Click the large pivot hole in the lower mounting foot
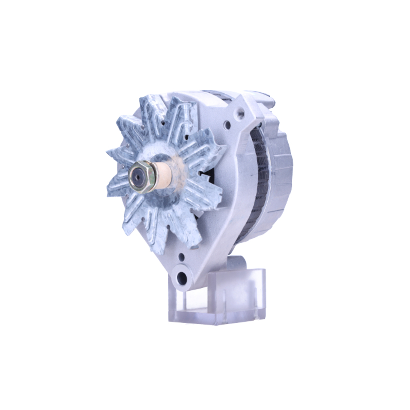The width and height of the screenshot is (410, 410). pyautogui.click(x=182, y=279)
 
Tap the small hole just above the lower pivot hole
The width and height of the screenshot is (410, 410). pyautogui.click(x=181, y=257)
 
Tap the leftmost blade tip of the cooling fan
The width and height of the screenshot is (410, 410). pyautogui.click(x=108, y=154)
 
